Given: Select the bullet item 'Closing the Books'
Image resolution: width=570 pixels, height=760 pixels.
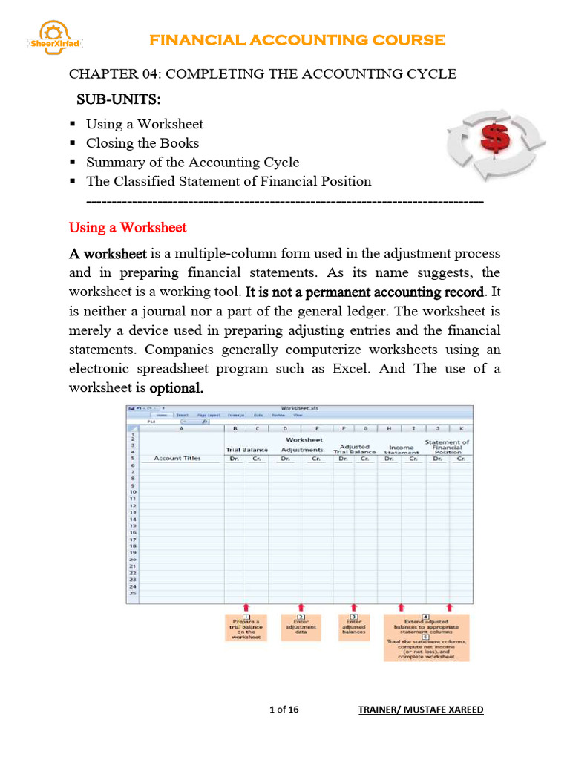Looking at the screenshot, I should [142, 142].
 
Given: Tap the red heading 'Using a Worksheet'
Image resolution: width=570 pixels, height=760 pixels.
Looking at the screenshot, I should [127, 227].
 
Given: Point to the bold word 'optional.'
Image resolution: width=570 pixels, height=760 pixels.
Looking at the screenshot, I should [177, 388].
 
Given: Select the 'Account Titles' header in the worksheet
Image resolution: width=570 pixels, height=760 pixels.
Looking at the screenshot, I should [177, 459].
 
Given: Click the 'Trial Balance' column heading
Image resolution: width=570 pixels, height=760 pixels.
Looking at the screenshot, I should [246, 450].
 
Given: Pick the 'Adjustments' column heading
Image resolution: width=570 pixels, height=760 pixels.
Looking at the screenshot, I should [301, 450].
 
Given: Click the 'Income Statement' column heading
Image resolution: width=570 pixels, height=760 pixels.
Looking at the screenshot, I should [401, 450].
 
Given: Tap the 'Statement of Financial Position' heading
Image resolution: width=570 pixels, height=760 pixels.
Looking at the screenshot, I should [448, 446].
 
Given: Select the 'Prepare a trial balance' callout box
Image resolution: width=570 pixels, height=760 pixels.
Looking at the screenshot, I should [246, 627].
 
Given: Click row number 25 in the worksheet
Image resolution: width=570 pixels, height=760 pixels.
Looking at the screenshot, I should [133, 593].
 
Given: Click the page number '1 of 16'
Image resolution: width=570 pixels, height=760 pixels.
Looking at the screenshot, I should [284, 710].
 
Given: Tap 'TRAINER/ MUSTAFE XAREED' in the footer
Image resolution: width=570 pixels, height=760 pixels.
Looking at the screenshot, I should [420, 710].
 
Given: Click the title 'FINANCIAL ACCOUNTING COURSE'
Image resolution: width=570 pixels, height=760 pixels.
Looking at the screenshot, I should [298, 40].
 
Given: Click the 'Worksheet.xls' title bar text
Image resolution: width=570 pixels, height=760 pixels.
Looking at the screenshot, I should [300, 407].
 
